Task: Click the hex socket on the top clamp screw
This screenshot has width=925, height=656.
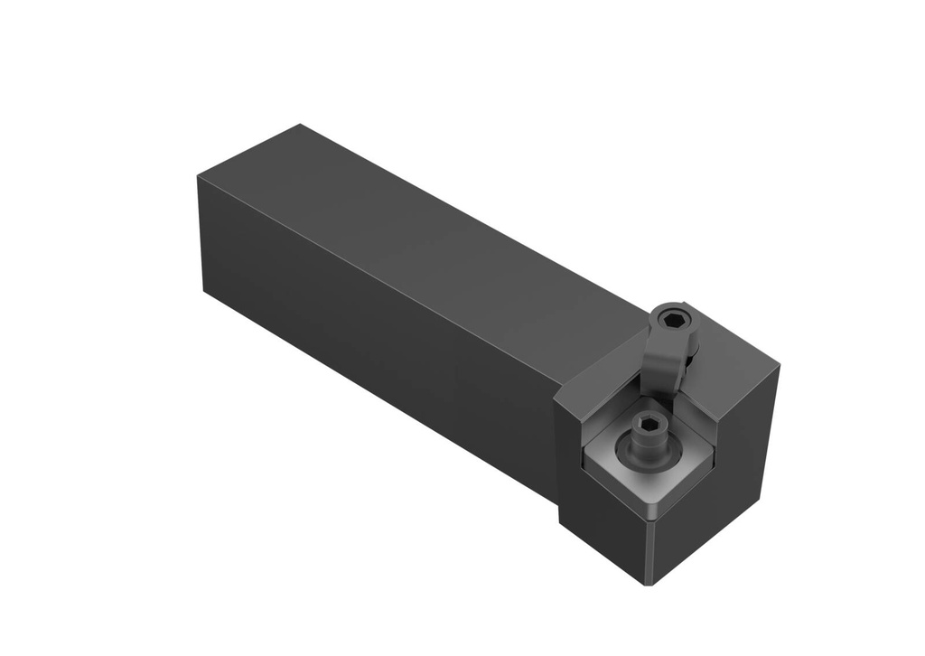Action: [x=672, y=319]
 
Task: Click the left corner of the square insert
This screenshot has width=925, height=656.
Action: [x=584, y=464]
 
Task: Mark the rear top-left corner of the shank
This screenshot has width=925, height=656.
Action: [x=198, y=176]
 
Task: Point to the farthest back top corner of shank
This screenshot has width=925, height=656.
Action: [x=300, y=125]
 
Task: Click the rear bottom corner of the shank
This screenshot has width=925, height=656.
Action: [x=205, y=291]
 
